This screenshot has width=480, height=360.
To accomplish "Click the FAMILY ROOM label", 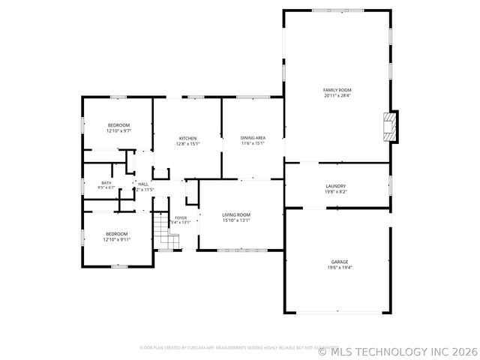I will coord(337,90).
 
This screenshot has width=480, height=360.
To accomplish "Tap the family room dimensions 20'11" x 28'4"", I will coord(337,96).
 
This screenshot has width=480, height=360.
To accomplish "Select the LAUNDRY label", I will coord(335,186).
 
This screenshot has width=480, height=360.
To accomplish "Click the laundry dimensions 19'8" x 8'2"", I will coord(335,192).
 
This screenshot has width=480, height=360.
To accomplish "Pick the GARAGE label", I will coord(340,262).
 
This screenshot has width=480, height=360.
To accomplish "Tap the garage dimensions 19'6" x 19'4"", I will coord(340,268).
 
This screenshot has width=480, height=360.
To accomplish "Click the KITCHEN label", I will coord(187,138).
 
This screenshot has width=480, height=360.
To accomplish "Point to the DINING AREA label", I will coord(253,138).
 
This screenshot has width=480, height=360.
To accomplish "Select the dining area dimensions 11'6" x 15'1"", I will coord(253,144).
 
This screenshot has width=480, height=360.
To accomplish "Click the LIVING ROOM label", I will coord(236,214).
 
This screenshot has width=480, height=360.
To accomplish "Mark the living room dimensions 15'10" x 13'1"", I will coord(236,220).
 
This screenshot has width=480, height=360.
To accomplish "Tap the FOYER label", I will coord(181,217).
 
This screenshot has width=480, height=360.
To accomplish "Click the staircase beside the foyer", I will coord(166,232).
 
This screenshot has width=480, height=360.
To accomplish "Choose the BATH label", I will coord(106,182).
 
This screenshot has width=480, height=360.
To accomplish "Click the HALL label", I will coord(143,184).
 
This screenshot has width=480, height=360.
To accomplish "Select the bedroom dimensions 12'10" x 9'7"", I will coord(118,131).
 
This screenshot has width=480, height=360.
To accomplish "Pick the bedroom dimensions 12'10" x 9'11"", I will coord(116,240).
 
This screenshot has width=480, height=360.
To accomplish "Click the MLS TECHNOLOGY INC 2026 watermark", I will coord(397,350).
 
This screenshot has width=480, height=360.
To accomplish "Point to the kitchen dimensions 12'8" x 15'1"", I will coord(187,144).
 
